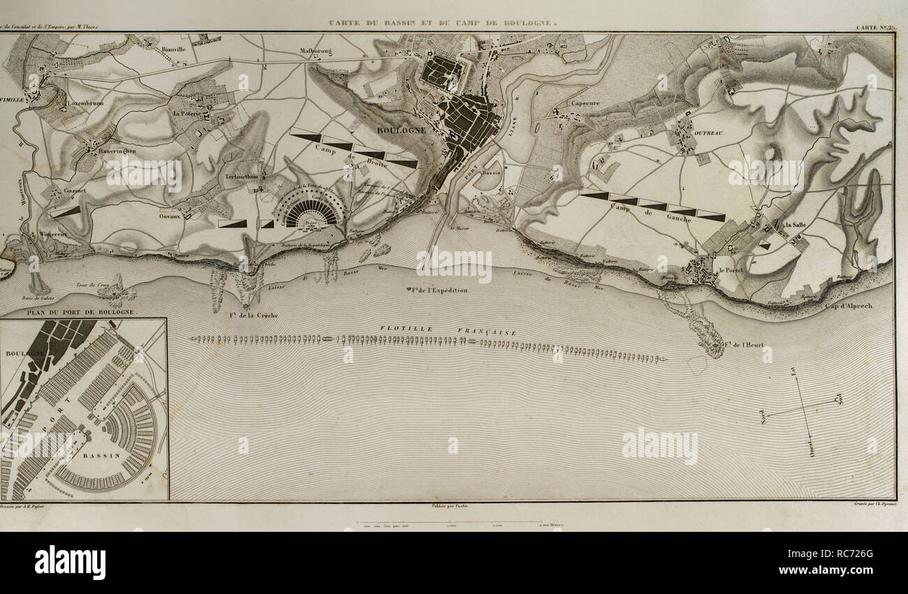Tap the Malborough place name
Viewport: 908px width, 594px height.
click(x=319, y=50)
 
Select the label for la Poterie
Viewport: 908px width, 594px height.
click(x=187, y=113)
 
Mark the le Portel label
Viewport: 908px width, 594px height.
click(x=731, y=269)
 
